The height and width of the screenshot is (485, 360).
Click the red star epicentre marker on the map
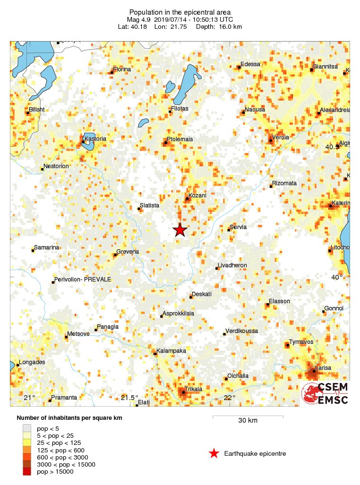pyautogui.click(x=180, y=230)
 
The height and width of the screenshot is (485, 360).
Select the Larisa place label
pyautogui.click(x=324, y=367)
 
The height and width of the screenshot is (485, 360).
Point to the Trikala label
pyautogui.click(x=193, y=389)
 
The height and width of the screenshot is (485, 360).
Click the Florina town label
pyautogui.click(x=121, y=69)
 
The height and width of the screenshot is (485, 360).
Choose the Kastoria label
pyautogui.click(x=95, y=139)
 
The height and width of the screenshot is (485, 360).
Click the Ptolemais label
pyautogui.click(x=180, y=139)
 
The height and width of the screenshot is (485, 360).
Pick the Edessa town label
pyautogui.click(x=250, y=64)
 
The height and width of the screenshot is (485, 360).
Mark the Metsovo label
pyautogui.click(x=78, y=334)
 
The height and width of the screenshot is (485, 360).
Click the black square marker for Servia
pyautogui.click(x=229, y=230)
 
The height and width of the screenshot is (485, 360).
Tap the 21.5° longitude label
pyautogui.click(x=129, y=398)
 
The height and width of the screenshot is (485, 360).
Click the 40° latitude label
pyautogui.click(x=336, y=277)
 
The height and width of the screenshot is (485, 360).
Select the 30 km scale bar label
pyautogui.click(x=248, y=420)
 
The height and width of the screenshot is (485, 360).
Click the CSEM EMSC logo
pyautogui.click(x=326, y=393)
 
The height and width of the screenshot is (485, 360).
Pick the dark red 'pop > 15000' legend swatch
pyautogui.click(x=27, y=471)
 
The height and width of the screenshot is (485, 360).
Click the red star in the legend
pyautogui.click(x=214, y=454)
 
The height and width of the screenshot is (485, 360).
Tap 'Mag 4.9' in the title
pyautogui.click(x=138, y=19)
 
